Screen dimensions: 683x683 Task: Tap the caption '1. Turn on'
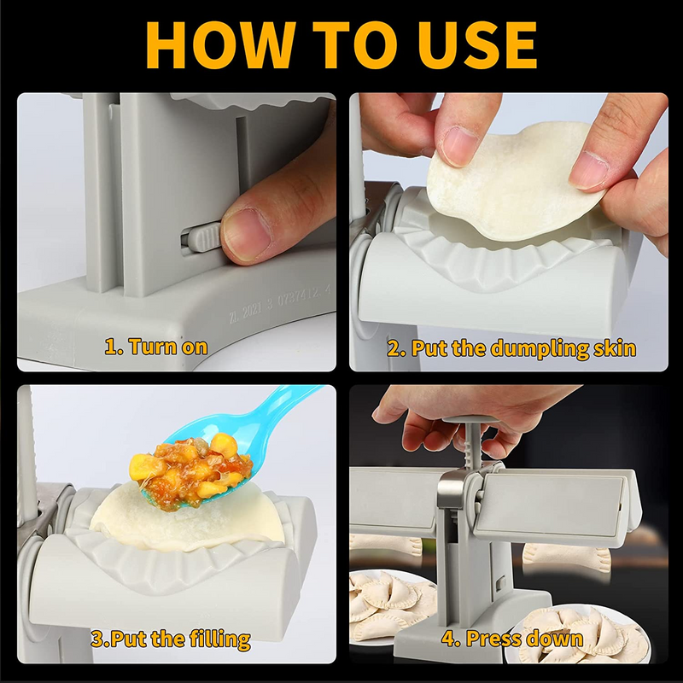tap(156, 347)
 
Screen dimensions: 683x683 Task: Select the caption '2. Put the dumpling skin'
tap(511, 349)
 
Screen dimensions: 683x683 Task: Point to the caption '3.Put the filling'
tap(171, 639)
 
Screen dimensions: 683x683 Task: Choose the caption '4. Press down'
tap(512, 639)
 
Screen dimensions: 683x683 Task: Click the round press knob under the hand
tap(472, 420)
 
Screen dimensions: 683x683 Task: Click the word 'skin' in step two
tap(615, 348)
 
